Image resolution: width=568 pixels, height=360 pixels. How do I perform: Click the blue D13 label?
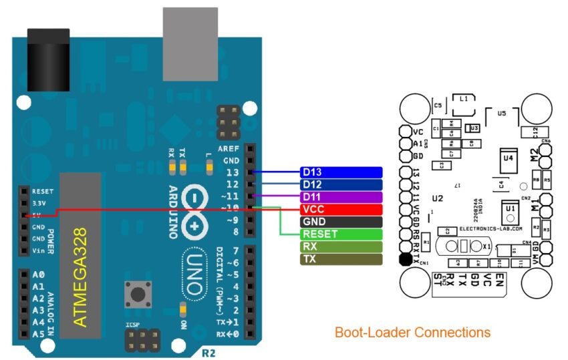[341, 172]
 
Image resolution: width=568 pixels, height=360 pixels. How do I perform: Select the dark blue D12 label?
[341, 184]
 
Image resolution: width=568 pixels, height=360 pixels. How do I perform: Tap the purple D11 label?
[341, 197]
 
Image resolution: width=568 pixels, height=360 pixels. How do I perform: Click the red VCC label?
[341, 209]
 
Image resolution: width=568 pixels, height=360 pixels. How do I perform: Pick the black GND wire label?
[341, 222]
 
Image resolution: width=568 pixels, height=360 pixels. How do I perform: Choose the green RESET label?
[341, 234]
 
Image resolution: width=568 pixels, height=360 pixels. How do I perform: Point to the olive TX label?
[341, 258]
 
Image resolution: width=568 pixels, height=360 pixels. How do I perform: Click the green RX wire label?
[341, 246]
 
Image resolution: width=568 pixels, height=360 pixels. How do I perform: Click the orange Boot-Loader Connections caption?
[412, 332]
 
